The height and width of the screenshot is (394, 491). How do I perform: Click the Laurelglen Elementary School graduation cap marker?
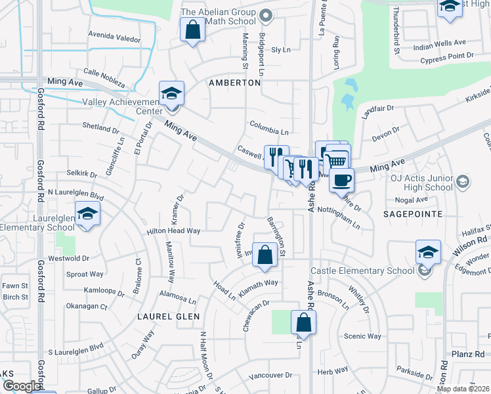87,214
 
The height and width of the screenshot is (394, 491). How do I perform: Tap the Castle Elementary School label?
362,270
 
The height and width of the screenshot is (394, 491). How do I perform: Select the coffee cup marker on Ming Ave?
341,179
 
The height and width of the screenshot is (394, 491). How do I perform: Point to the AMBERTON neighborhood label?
235,83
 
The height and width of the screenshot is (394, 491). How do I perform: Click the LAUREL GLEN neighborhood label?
163,316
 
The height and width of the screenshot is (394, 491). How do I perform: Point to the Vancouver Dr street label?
270,376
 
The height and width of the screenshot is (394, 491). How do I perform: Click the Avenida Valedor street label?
114,39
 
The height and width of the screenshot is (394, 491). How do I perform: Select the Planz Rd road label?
468,354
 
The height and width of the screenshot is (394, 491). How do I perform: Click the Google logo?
22,386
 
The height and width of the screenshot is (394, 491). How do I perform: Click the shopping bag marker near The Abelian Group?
192,30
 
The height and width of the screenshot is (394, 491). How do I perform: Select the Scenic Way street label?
362,336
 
